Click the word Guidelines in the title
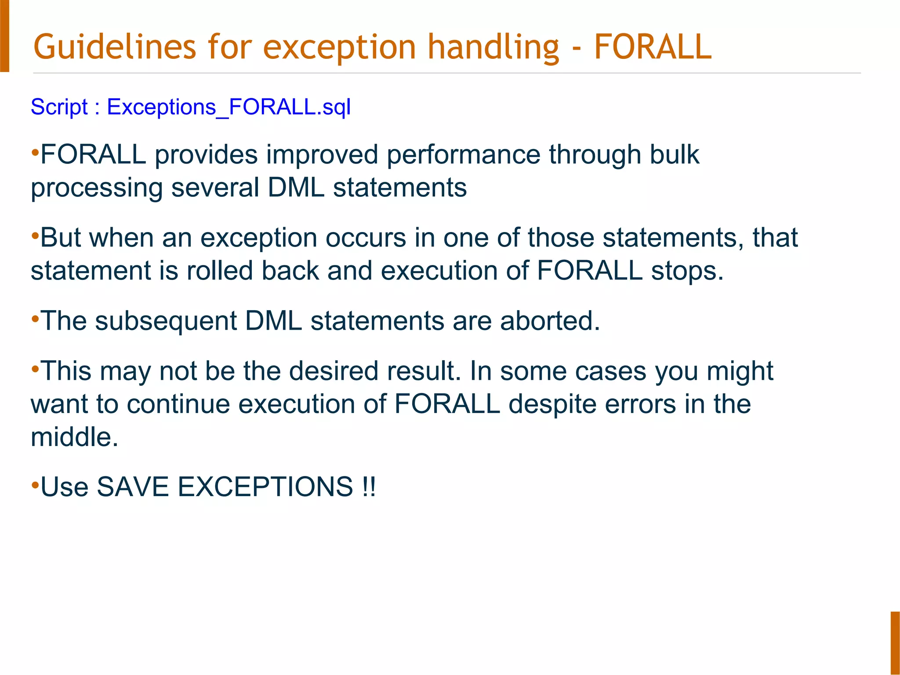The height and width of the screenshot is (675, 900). pos(114,47)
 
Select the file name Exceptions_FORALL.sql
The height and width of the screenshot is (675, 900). pos(229,107)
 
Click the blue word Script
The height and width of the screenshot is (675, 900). pos(59,107)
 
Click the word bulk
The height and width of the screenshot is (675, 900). pos(674,155)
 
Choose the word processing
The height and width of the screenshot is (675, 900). pos(97,188)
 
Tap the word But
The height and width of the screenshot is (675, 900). pos(61,238)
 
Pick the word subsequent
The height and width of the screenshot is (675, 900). pos(166,321)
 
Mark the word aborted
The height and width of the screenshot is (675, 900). pos(550,321)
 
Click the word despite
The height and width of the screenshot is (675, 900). pos(552,404)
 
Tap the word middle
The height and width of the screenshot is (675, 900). pos(74,437)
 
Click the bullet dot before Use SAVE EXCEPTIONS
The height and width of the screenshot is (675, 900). pos(35,485)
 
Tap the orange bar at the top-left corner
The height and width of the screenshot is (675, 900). pos(4,36)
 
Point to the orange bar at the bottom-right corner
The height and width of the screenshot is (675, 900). pos(895,642)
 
